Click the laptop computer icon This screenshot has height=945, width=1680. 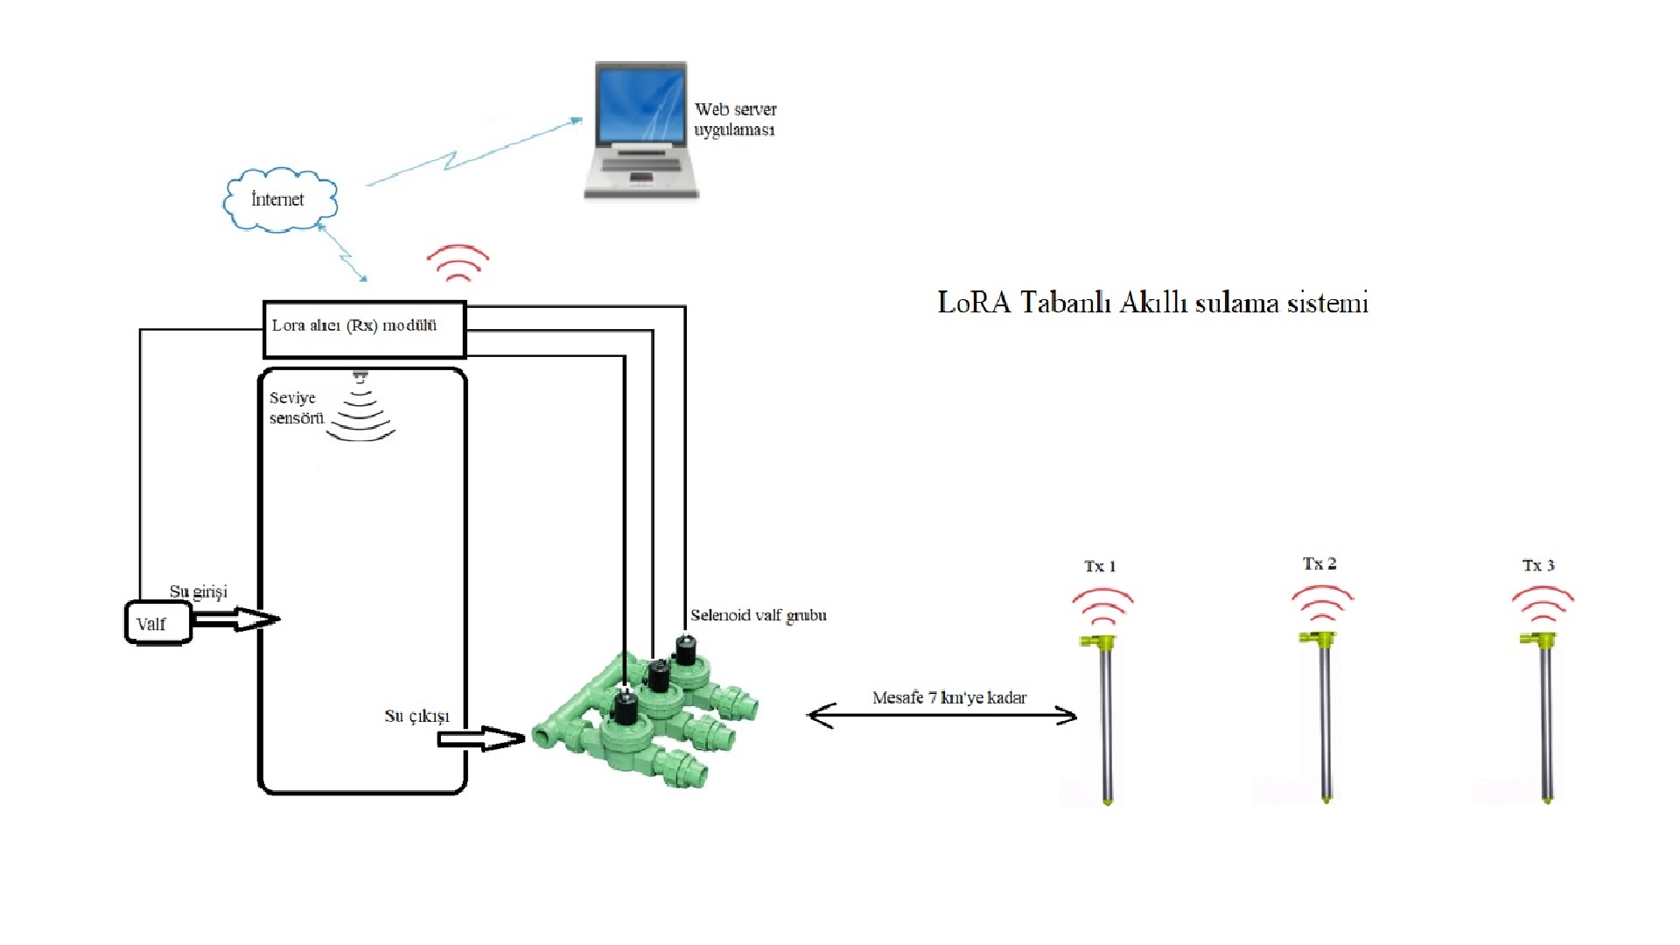(x=640, y=129)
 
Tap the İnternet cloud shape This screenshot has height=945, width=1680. (x=279, y=200)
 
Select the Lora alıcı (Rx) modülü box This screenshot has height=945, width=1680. (x=364, y=329)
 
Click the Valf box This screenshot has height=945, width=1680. (x=157, y=623)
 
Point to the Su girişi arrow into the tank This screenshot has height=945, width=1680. (x=234, y=619)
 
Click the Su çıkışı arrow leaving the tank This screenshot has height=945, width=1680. (x=479, y=738)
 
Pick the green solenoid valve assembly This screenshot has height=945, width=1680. (x=647, y=717)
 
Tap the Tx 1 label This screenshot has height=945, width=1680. (x=1100, y=567)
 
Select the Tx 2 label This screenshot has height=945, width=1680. (x=1319, y=564)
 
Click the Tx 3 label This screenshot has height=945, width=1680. (x=1538, y=566)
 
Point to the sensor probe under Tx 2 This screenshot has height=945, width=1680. (x=1325, y=717)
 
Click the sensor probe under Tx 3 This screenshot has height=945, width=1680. (x=1545, y=717)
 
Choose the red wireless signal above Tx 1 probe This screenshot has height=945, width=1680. (x=1102, y=605)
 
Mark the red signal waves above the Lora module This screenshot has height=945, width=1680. (x=458, y=262)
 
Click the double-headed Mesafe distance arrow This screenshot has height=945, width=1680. (x=941, y=716)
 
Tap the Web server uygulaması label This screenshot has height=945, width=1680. (x=735, y=120)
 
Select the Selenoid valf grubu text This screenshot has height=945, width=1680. (x=758, y=616)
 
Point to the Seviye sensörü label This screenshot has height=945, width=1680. (x=296, y=408)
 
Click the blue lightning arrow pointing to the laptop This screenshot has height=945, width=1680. (x=472, y=153)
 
